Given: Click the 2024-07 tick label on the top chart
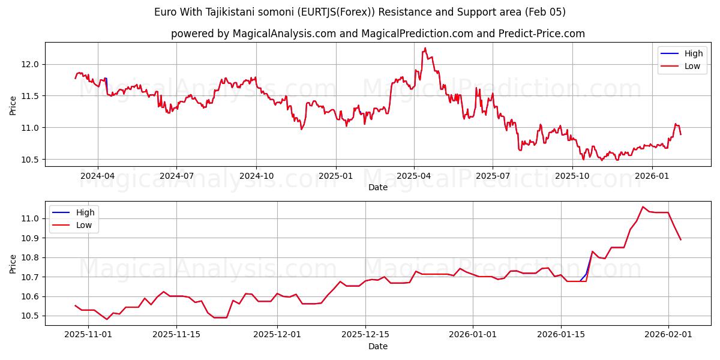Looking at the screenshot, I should [x=176, y=176].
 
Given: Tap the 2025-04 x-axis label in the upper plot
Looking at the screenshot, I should [x=413, y=176].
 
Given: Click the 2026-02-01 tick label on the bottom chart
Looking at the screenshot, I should [x=668, y=335].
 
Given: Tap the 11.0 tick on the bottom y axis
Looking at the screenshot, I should [x=30, y=218].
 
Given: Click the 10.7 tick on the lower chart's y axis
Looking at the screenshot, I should [x=30, y=277].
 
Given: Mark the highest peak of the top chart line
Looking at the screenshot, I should [x=425, y=48].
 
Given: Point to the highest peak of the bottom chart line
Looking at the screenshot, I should [x=643, y=207].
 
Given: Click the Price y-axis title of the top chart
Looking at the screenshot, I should [x=13, y=106].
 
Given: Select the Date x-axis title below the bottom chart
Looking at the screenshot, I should [x=378, y=346].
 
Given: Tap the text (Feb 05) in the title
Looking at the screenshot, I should [x=545, y=12].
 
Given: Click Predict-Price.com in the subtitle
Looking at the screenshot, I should [x=542, y=34].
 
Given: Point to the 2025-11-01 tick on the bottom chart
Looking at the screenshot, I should [x=88, y=335].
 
